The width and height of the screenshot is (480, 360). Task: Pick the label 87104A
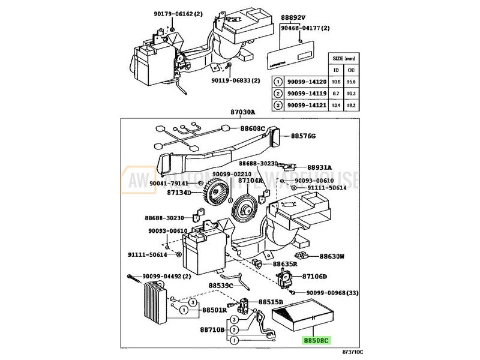coord(251,180)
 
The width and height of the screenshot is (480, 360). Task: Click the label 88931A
coord(320,167)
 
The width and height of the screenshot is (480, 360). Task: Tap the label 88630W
coord(331,256)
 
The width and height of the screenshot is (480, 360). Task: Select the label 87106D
coord(314,277)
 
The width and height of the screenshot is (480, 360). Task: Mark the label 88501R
coord(214,310)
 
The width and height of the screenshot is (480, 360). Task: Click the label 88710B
coord(212,330)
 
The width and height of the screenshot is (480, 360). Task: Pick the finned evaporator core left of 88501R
coord(153,305)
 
